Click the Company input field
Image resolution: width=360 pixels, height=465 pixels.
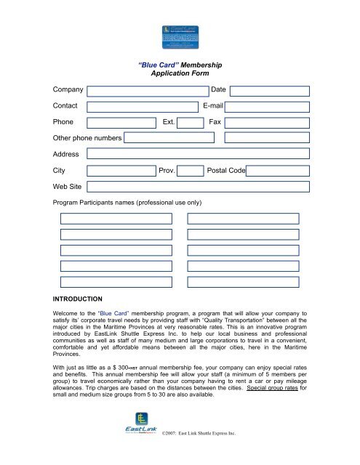tap(143, 91)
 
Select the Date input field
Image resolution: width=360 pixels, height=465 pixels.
tap(270, 91)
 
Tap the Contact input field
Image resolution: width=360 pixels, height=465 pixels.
tap(143, 106)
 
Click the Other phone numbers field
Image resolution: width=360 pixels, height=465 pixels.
tap(226, 137)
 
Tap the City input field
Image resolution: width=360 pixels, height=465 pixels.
tap(121, 171)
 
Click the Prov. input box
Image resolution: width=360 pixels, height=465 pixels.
tap(191, 171)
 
